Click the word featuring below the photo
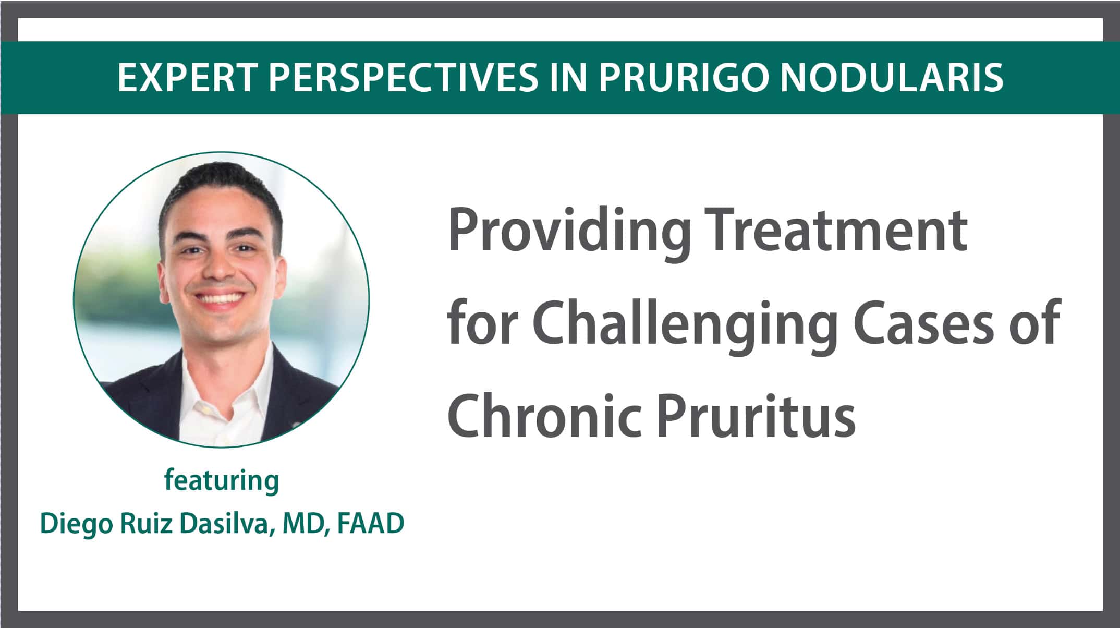(x=222, y=480)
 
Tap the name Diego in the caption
(x=76, y=525)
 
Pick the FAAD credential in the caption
(x=371, y=524)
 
